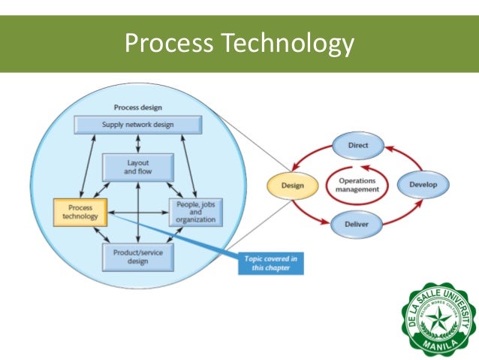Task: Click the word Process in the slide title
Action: pyautogui.click(x=166, y=44)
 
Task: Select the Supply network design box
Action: pyautogui.click(x=137, y=125)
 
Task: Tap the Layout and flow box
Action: pyautogui.click(x=137, y=168)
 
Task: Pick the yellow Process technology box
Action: pyautogui.click(x=80, y=211)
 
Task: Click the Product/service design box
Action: pyautogui.click(x=137, y=256)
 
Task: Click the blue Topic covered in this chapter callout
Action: pyautogui.click(x=272, y=263)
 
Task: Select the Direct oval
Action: pyautogui.click(x=357, y=144)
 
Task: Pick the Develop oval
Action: pyautogui.click(x=423, y=184)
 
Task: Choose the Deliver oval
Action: pyautogui.click(x=357, y=223)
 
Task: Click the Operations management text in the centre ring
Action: pyautogui.click(x=357, y=185)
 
